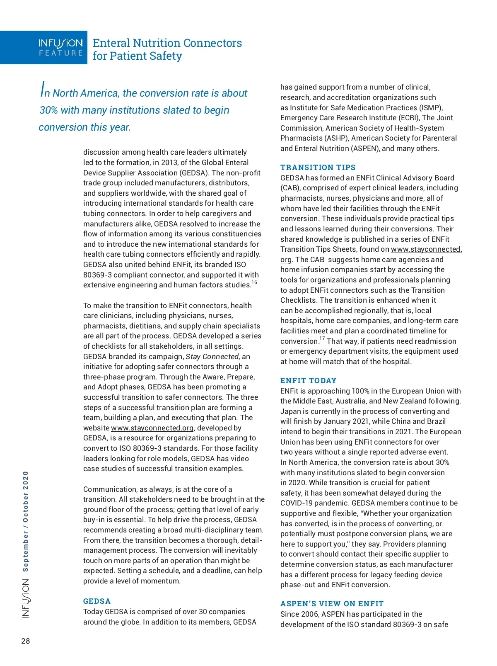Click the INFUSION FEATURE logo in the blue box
tap(60, 47)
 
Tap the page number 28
tap(26, 641)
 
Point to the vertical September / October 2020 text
tap(26, 521)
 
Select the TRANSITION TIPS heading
tap(318, 168)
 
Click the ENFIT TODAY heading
tap(308, 381)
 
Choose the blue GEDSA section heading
tap(97, 601)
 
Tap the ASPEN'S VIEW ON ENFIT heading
tap(332, 604)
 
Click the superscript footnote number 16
tap(254, 282)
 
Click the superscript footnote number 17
tap(322, 339)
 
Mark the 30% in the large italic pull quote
tap(48, 110)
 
